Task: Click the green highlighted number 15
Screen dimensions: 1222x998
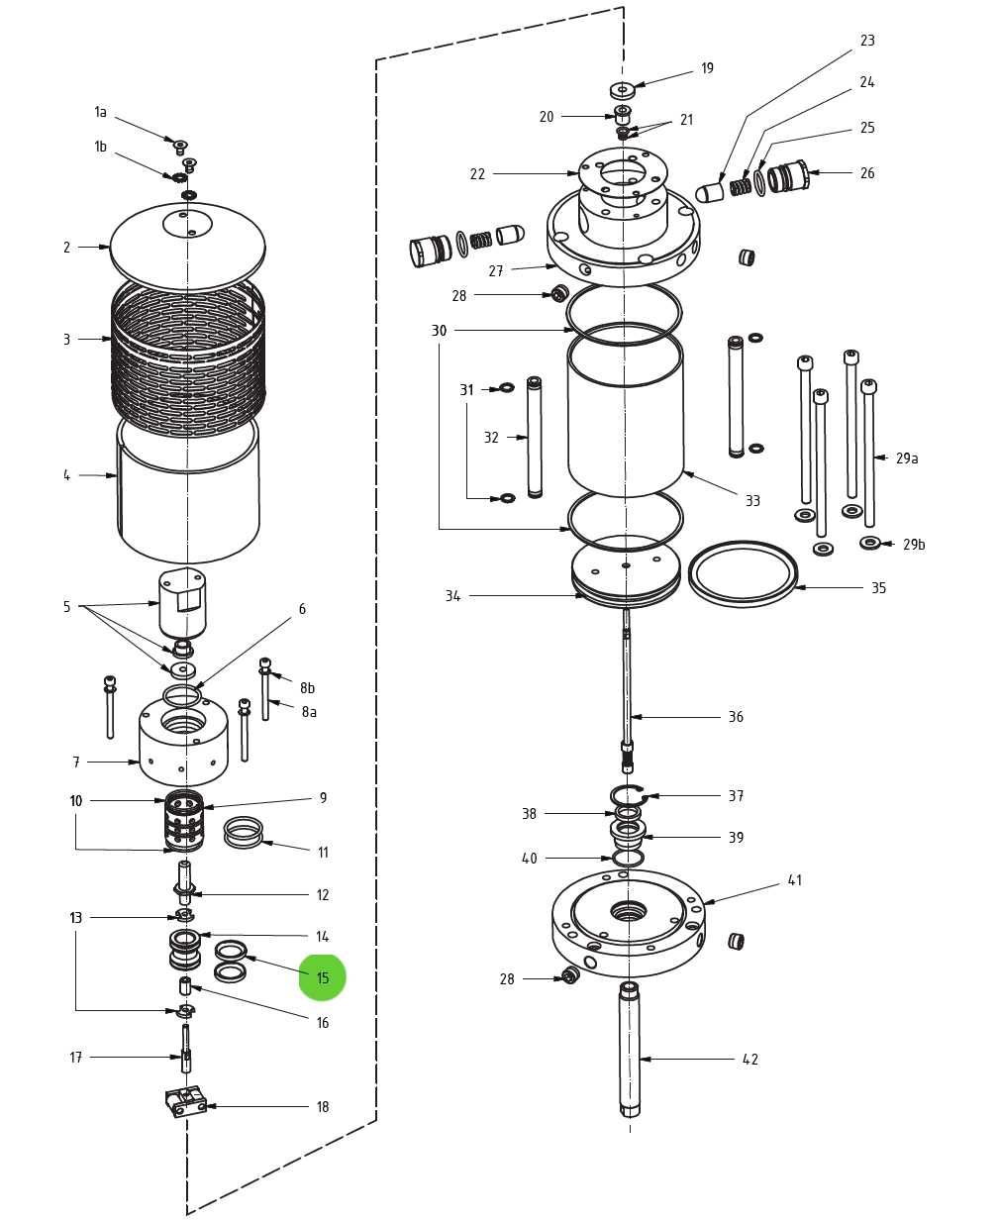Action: click(x=323, y=977)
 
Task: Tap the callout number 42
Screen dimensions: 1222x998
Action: click(x=750, y=1060)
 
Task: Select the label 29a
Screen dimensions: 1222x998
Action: click(x=907, y=458)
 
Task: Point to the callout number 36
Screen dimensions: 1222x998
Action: click(x=736, y=717)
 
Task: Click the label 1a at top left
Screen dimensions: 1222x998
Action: click(x=100, y=112)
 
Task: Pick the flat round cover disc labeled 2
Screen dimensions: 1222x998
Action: click(x=187, y=248)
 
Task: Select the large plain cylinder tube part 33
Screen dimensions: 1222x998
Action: click(x=626, y=416)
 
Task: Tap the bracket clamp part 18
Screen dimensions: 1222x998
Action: click(x=185, y=1102)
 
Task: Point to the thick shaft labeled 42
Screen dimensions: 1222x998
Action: click(x=630, y=1050)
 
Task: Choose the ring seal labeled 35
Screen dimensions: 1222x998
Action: click(x=743, y=573)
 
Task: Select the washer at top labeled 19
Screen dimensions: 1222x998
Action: click(x=622, y=90)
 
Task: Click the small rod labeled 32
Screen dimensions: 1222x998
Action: click(x=535, y=437)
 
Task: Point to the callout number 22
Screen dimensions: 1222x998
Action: click(x=477, y=174)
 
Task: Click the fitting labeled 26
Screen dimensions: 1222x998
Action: click(x=788, y=176)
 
